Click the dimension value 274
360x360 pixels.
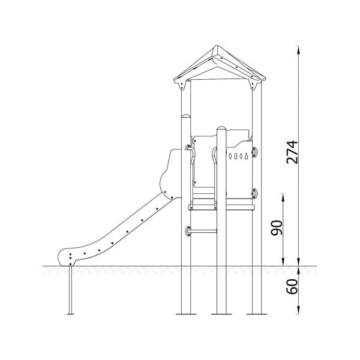coord(292,152)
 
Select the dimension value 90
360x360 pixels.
coord(277,228)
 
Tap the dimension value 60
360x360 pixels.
coord(292,286)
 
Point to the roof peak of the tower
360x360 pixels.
coord(216,47)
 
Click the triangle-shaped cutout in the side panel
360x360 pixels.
coord(247,156)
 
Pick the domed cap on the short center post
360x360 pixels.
coord(221,128)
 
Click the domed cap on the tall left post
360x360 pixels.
coord(186,115)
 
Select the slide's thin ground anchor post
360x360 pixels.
coord(70,289)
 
